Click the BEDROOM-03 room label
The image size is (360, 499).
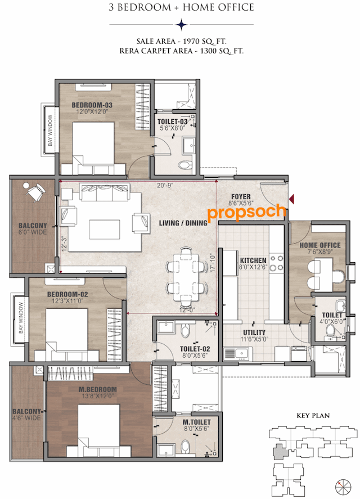[x=92, y=105]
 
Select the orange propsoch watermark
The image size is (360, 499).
[x=246, y=214]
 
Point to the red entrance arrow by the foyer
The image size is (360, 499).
[x=291, y=198]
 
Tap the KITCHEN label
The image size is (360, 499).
[x=253, y=261]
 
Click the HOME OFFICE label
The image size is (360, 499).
[x=320, y=245]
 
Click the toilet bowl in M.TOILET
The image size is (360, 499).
[x=185, y=447]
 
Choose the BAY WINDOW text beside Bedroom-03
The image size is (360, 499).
[x=50, y=131]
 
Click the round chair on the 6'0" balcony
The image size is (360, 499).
[x=35, y=191]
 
